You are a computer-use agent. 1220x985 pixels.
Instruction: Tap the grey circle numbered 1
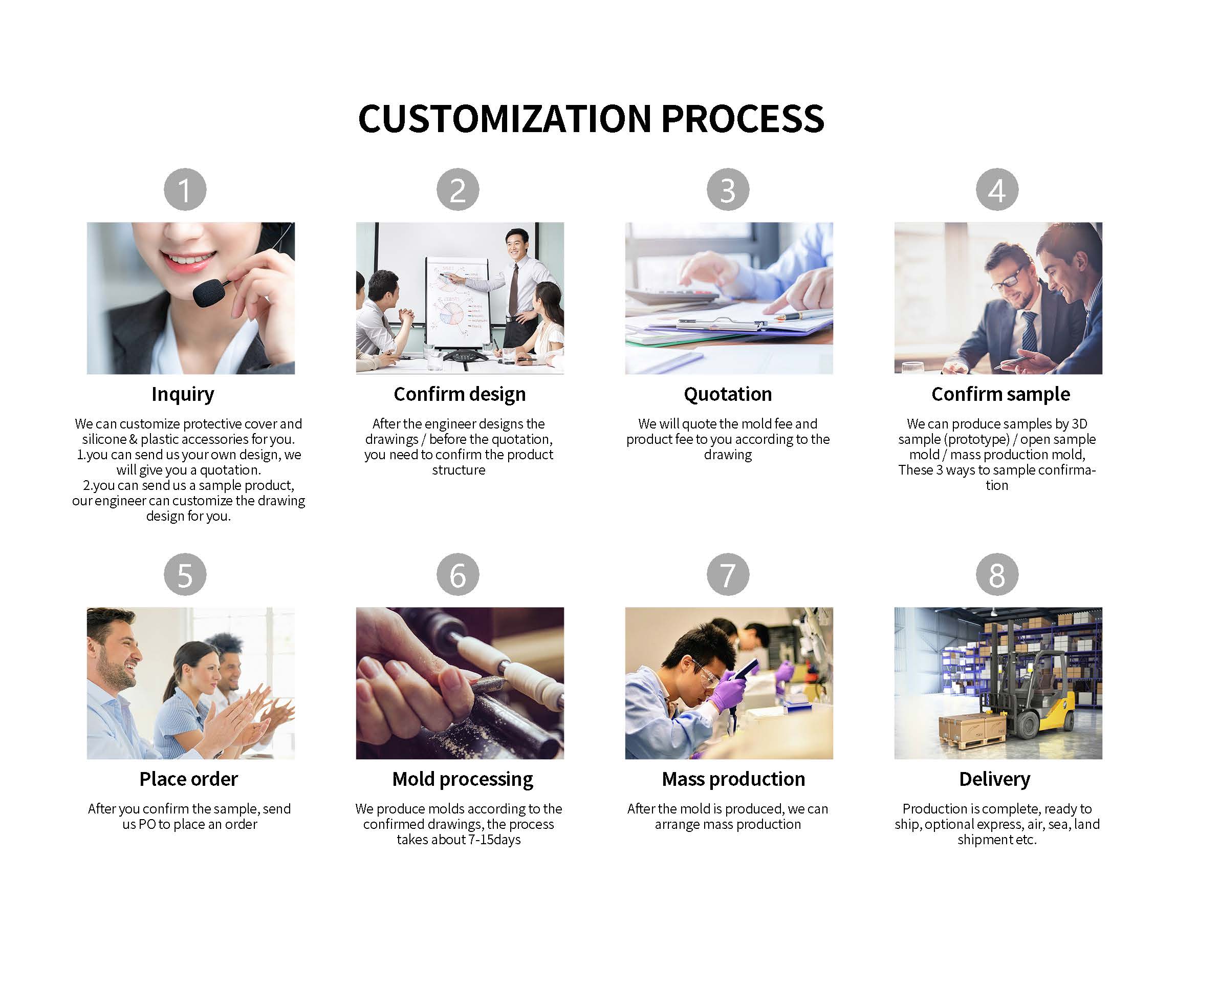pyautogui.click(x=185, y=189)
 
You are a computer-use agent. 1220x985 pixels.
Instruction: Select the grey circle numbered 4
pyautogui.click(x=997, y=189)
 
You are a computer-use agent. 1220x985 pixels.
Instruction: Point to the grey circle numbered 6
pyautogui.click(x=457, y=574)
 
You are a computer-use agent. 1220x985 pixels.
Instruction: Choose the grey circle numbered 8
pyautogui.click(x=997, y=574)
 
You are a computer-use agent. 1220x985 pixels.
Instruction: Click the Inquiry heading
pyautogui.click(x=183, y=394)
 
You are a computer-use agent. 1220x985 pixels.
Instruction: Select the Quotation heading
pyautogui.click(x=728, y=394)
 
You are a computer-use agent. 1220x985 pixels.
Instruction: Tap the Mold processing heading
pyautogui.click(x=462, y=780)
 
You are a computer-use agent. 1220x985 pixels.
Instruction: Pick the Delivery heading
pyautogui.click(x=995, y=780)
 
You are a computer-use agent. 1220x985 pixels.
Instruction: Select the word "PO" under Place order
pyautogui.click(x=147, y=824)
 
